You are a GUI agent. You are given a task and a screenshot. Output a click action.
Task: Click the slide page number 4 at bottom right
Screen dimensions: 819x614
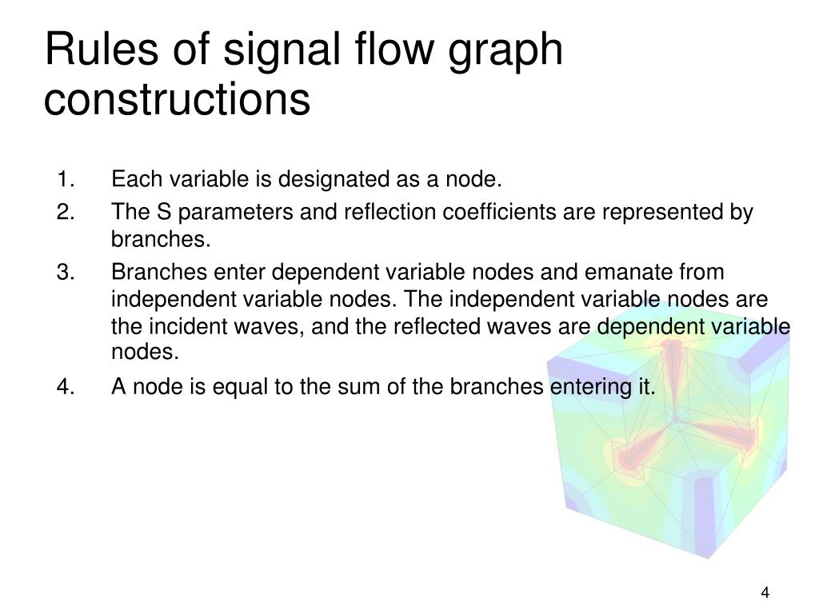765,592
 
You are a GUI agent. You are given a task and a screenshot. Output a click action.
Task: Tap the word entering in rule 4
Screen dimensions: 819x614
587,388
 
